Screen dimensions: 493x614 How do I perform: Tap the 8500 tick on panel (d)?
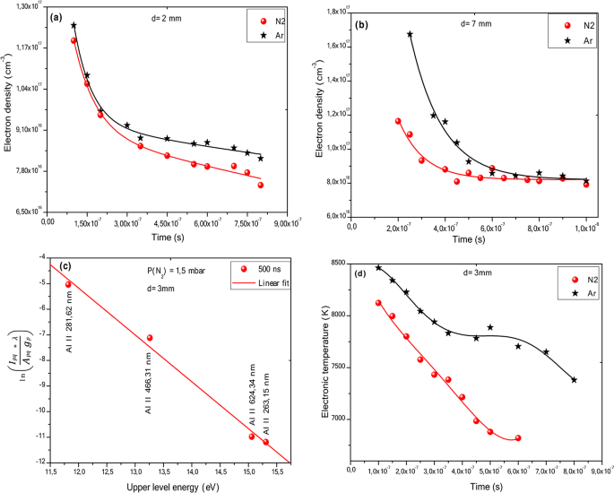click(337, 263)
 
